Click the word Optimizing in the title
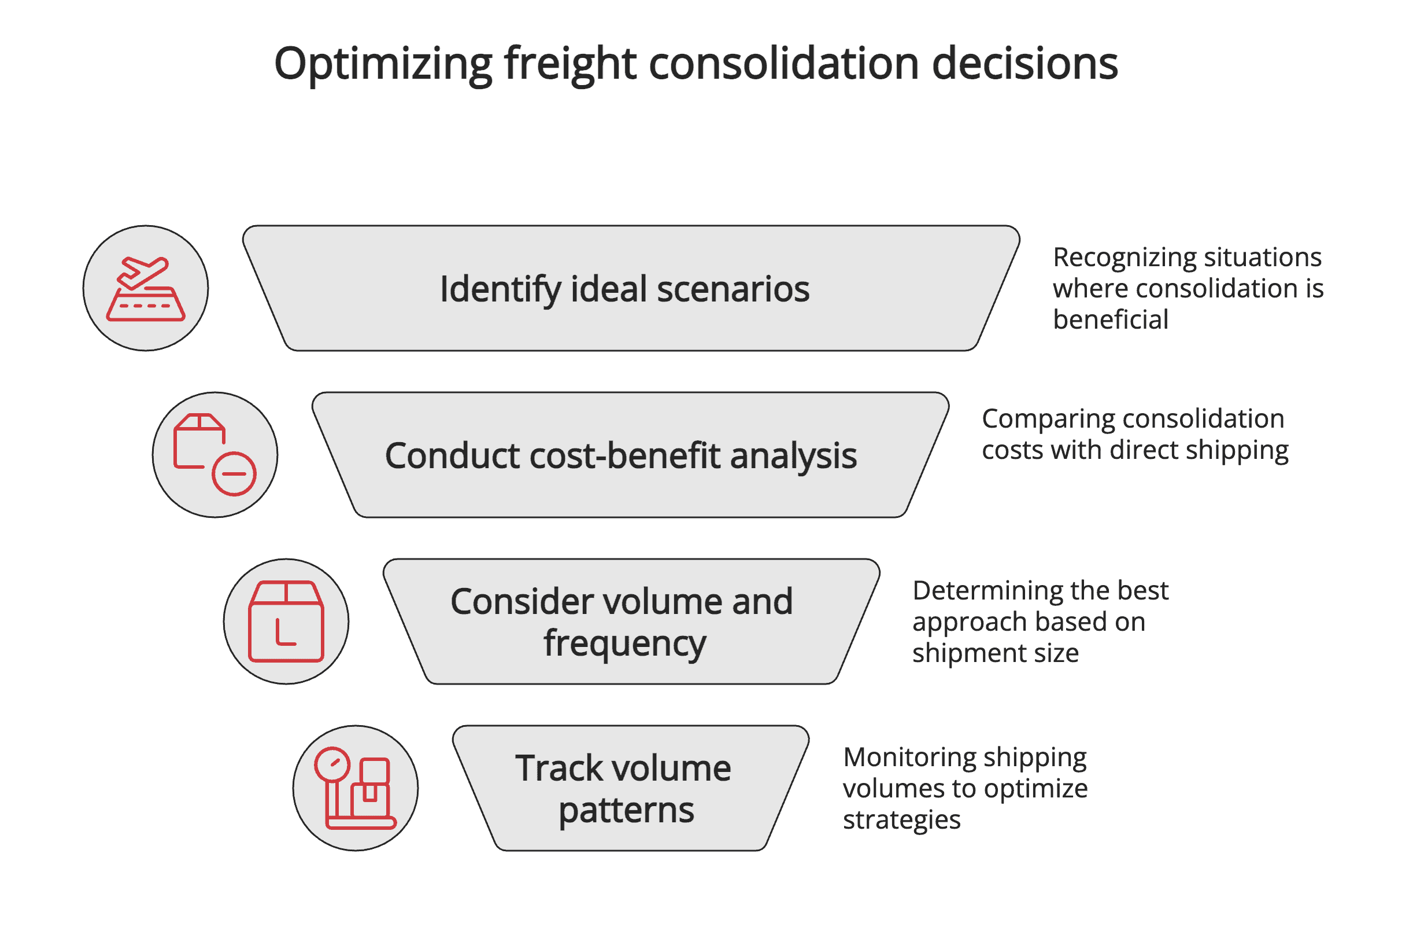(383, 65)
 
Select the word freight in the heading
(570, 65)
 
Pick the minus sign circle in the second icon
(234, 473)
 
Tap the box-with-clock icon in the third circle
(286, 622)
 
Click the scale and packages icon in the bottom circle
(356, 788)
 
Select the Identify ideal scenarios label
(624, 289)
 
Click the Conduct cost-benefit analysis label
(620, 455)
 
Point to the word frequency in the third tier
(624, 644)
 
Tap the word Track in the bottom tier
(559, 768)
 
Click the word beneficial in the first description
(1111, 319)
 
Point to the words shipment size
(995, 653)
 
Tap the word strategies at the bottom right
(901, 819)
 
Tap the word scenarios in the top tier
(733, 289)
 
